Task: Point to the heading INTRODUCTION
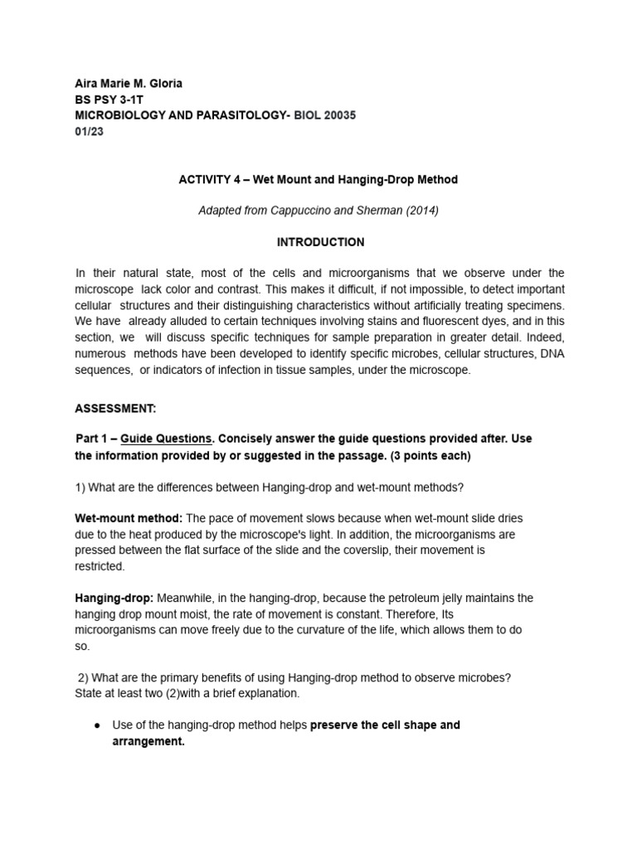[x=319, y=242]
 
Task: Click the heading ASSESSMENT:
[x=115, y=409]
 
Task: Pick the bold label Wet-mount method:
[x=129, y=518]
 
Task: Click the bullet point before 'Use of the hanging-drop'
[x=98, y=725]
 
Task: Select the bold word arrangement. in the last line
[x=148, y=742]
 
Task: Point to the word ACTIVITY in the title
[x=205, y=179]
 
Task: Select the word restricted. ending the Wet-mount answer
[x=100, y=566]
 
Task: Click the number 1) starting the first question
[x=80, y=488]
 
